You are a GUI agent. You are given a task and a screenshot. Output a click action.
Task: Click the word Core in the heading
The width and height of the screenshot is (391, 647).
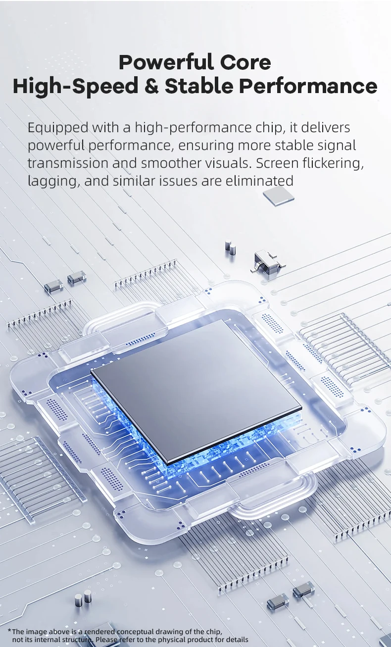pos(245,62)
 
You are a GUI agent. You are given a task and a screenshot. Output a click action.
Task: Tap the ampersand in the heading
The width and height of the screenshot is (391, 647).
pos(151,86)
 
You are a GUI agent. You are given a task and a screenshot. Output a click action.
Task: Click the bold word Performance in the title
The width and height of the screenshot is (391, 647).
pos(308,86)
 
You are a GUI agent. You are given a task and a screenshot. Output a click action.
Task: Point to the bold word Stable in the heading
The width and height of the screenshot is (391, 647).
pos(199,86)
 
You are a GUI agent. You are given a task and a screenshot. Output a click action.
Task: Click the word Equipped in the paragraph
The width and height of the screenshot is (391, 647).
pos(58,128)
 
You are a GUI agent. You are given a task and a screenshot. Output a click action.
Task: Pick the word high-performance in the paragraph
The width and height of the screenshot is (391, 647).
pos(193,128)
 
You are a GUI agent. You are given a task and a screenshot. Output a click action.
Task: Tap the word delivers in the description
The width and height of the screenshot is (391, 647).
pos(326,127)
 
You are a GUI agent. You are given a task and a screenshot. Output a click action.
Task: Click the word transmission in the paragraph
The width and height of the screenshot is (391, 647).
pos(68,163)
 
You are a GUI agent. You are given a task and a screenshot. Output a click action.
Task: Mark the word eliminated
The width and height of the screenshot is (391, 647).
pos(259,181)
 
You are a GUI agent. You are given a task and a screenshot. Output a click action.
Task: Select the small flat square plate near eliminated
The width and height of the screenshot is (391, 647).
pos(279,196)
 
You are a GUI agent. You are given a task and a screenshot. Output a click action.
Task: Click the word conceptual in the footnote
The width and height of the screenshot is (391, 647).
pos(135,631)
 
